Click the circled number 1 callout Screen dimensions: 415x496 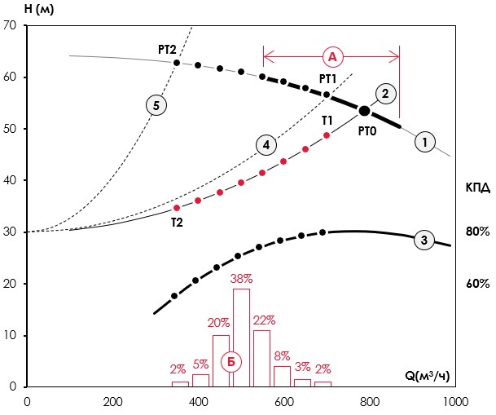click(x=424, y=142)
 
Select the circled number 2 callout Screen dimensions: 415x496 click(x=387, y=93)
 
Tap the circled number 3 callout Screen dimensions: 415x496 click(x=424, y=240)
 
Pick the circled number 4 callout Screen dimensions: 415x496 click(x=265, y=146)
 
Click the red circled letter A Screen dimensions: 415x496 click(x=331, y=56)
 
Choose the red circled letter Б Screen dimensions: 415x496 click(x=232, y=360)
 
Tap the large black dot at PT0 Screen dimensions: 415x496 click(x=365, y=111)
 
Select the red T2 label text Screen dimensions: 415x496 click(x=176, y=221)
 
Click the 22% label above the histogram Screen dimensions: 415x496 click(x=262, y=321)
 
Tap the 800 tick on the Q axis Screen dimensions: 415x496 click(x=370, y=401)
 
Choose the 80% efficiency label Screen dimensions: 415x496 click(x=477, y=232)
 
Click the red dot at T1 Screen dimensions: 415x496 click(x=327, y=135)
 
